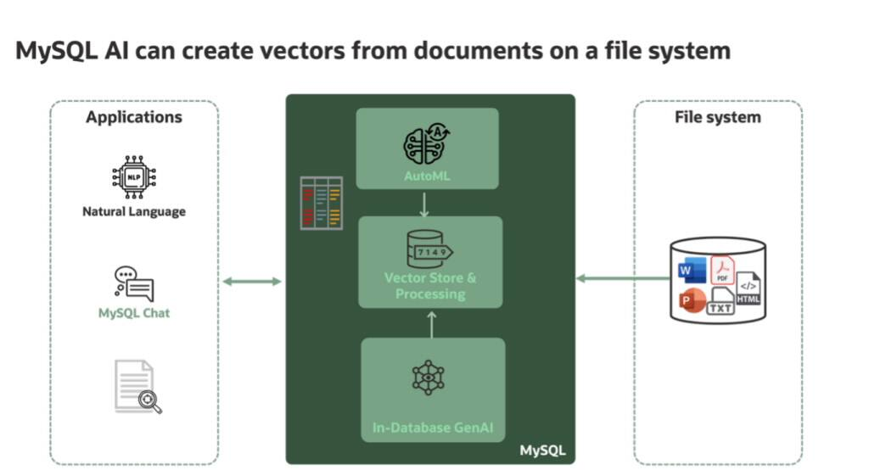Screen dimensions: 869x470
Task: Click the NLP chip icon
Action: pos(134,177)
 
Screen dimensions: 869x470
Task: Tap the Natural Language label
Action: pos(134,212)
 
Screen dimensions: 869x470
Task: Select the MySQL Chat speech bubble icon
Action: pos(134,283)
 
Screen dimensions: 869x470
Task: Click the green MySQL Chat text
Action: pos(134,313)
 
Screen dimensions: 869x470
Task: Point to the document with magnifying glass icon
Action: pos(138,387)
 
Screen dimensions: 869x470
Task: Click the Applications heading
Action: pos(134,117)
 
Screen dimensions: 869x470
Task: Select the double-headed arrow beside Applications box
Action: pos(252,282)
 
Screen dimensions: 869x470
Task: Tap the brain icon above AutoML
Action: pos(426,144)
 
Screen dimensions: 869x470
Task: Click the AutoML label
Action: pos(427,176)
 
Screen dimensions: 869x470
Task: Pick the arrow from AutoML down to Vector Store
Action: pos(424,204)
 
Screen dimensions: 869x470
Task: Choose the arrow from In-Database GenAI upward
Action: pos(432,324)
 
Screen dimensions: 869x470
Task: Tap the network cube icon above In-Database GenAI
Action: pos(428,378)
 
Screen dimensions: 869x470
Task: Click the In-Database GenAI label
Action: pos(433,428)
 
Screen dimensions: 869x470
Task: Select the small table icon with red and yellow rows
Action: pos(322,203)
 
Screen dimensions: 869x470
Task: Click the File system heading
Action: pos(718,117)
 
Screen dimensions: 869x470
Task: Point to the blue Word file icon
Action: pos(692,271)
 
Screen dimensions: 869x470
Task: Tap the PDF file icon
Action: pos(723,270)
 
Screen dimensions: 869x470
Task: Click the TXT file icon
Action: pos(720,301)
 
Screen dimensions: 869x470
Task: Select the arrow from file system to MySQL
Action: pos(623,278)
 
